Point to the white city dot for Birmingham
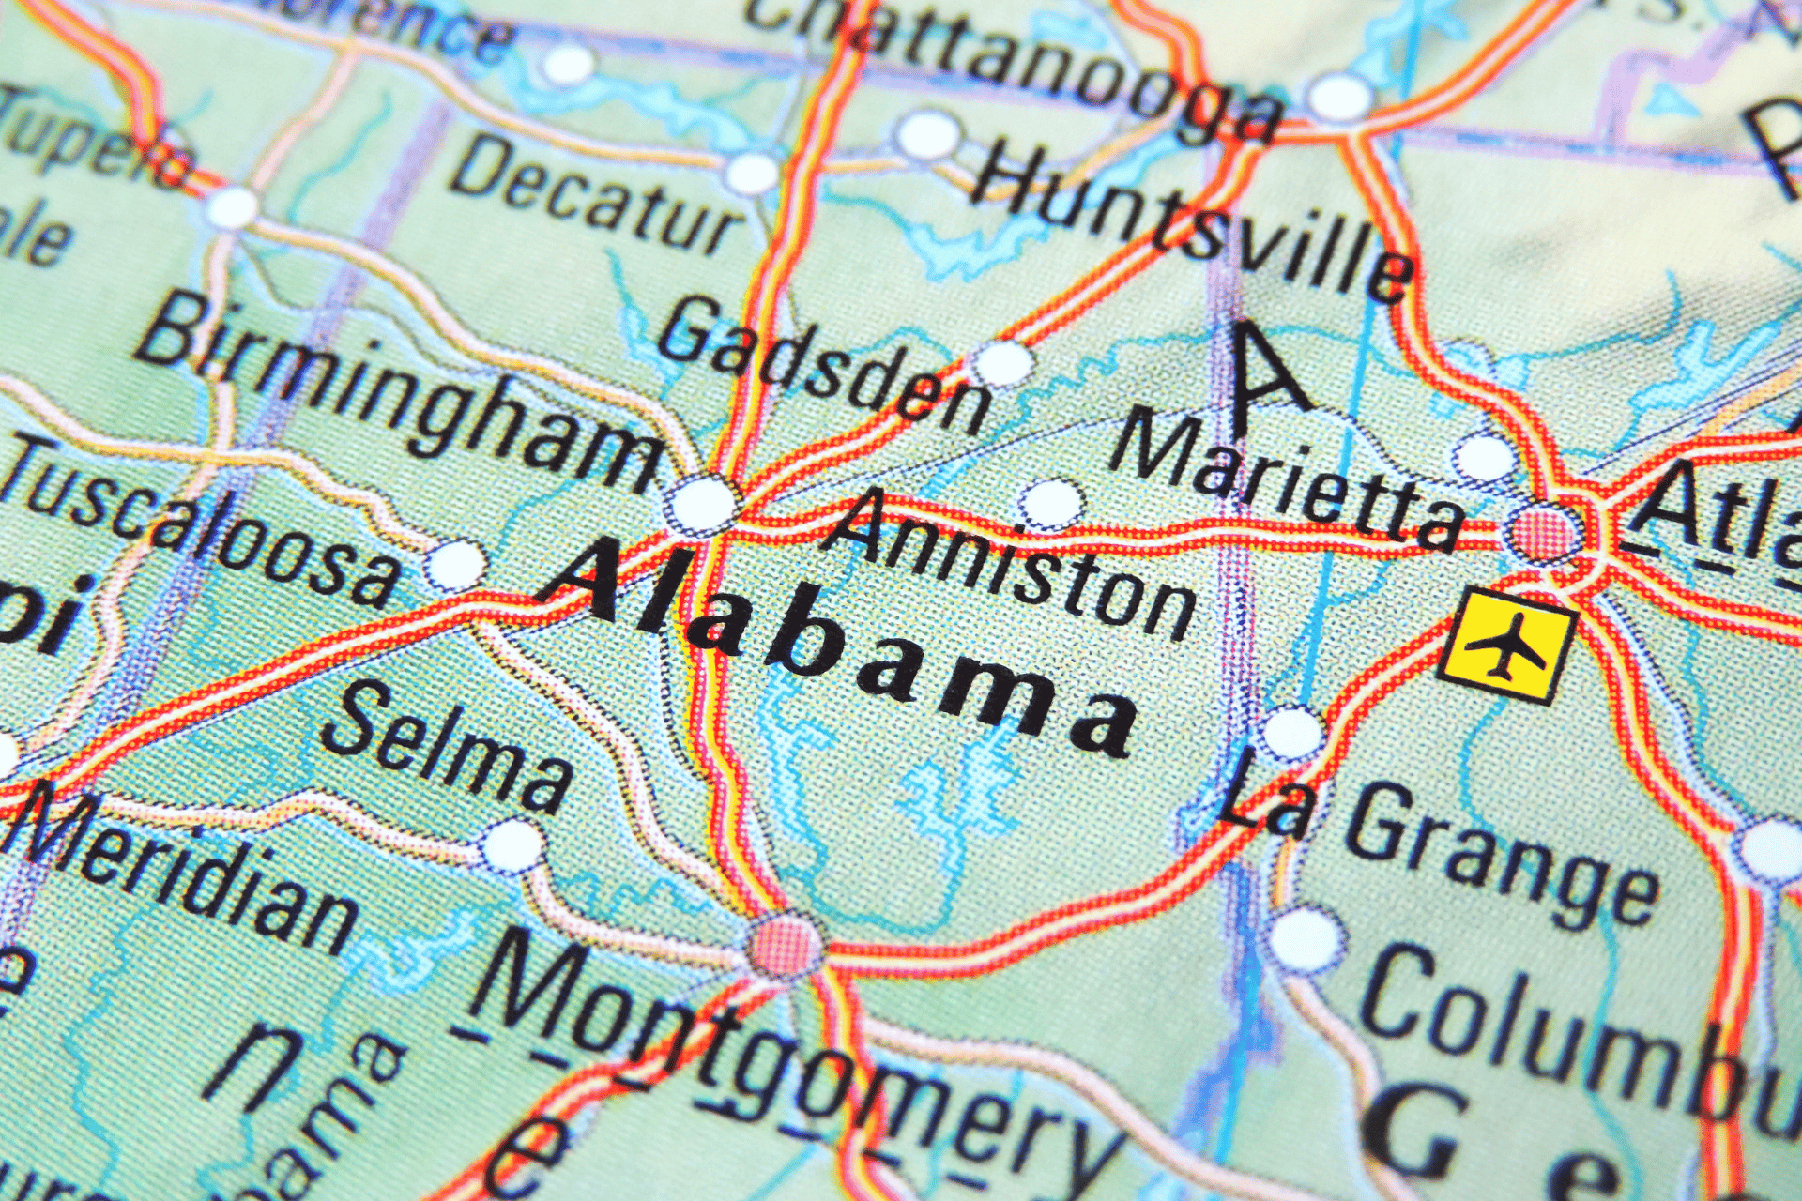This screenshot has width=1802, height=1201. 702,504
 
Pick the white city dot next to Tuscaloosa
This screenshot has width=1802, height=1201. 456,565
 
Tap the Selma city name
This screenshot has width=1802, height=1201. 446,746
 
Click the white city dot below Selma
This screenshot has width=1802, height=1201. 512,845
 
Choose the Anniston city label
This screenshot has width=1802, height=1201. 1014,563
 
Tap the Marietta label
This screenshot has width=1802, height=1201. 1286,479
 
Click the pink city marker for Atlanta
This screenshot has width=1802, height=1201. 1544,532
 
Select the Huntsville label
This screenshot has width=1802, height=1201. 1192,220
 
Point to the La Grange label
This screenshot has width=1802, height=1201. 1436,844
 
